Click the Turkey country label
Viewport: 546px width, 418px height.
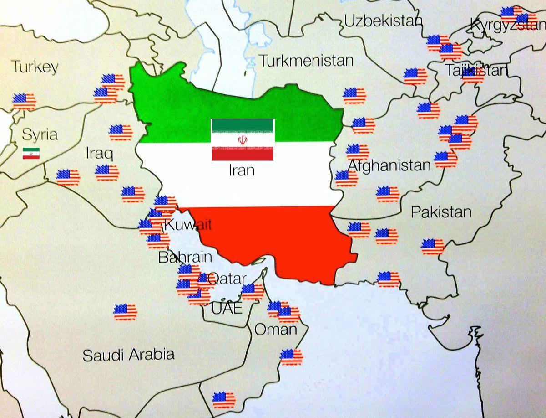(x=35, y=67)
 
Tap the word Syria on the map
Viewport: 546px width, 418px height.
(x=40, y=134)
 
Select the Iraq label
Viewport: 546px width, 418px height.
(x=99, y=153)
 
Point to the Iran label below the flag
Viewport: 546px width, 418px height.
(x=241, y=170)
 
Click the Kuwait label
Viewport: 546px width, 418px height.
(x=188, y=224)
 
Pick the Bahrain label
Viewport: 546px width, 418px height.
(x=185, y=257)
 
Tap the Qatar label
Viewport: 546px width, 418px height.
(x=227, y=278)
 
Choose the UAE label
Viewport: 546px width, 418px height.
(x=227, y=309)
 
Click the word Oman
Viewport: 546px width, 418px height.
(x=276, y=329)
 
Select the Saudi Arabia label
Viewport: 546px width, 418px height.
(x=128, y=355)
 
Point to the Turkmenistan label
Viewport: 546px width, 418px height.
(x=306, y=60)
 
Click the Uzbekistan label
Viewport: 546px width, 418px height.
(x=383, y=21)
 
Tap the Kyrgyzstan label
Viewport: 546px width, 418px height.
(x=507, y=25)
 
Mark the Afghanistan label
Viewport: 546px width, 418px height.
(x=389, y=165)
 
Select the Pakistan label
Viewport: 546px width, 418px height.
(x=441, y=212)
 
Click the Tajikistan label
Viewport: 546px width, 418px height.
(x=476, y=71)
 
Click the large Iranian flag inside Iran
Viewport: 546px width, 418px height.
(x=243, y=139)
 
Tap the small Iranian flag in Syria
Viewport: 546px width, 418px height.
(x=31, y=154)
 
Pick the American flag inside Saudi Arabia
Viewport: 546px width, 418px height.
(x=125, y=312)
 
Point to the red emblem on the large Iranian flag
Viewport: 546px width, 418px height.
(x=243, y=139)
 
